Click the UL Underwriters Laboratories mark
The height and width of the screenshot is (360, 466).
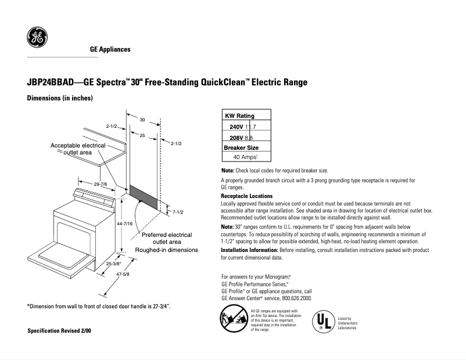(x=324, y=322)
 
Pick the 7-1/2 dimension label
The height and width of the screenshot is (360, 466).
(x=178, y=212)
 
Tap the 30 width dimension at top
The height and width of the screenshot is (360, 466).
(x=142, y=119)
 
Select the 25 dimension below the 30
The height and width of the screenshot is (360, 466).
(x=142, y=135)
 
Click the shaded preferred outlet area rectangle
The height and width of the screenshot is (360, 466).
(x=142, y=197)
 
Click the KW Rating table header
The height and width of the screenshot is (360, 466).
(x=239, y=116)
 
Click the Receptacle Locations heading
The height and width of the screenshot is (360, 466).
(x=246, y=196)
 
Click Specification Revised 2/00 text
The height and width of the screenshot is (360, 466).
(x=59, y=330)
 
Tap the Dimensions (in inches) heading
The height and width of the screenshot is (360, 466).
(x=60, y=99)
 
